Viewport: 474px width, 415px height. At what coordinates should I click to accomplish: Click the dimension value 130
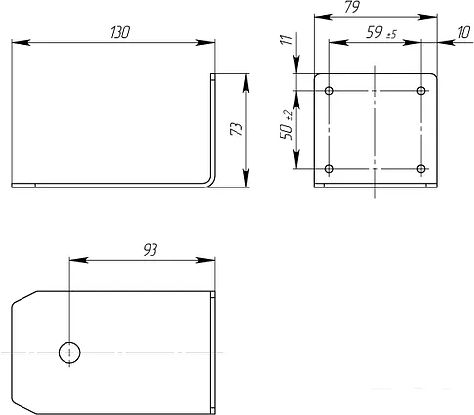120,32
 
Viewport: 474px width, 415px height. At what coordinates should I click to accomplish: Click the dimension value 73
237,129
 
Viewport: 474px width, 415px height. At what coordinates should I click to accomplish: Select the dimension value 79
352,7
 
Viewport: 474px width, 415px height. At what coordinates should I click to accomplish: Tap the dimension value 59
375,32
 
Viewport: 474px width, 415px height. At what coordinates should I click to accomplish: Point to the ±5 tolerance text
391,34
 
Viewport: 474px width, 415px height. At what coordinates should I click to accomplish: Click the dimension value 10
464,32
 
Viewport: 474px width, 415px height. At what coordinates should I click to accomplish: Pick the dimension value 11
287,39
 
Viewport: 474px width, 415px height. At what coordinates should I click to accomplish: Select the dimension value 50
286,132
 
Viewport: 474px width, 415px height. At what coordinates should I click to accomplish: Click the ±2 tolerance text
289,115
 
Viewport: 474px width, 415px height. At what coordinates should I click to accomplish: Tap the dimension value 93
151,250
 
